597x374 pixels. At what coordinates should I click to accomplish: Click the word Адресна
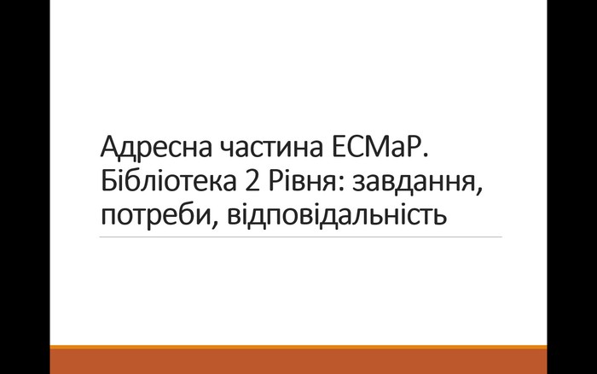(x=156, y=148)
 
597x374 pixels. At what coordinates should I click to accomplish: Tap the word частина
(x=271, y=148)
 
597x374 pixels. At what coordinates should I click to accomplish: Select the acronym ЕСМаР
(x=377, y=147)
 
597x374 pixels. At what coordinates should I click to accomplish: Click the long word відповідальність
(x=337, y=214)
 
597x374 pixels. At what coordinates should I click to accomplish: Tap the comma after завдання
(x=478, y=190)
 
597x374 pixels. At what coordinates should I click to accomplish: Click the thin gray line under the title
(x=301, y=237)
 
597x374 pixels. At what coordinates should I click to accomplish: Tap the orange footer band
(x=298, y=359)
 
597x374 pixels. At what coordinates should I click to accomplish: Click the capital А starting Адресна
(x=109, y=147)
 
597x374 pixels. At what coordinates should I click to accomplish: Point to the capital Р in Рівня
(x=277, y=181)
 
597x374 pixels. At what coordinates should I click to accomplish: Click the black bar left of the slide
(x=25, y=187)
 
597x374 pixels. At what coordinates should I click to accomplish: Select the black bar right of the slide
(x=572, y=187)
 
